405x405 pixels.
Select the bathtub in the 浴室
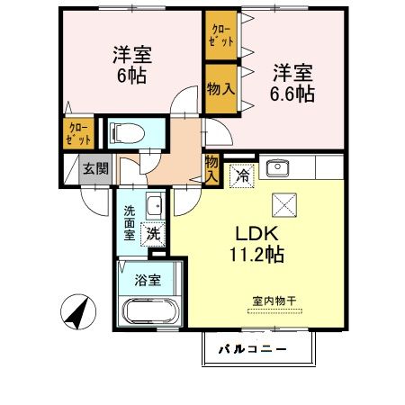150,315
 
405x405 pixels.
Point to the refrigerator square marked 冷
241,176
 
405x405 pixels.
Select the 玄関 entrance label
96,168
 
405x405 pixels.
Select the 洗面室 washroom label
130,222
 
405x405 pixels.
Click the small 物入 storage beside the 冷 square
212,168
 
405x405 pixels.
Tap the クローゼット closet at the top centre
220,36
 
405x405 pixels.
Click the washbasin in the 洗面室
154,202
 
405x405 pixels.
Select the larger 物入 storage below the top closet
220,88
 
